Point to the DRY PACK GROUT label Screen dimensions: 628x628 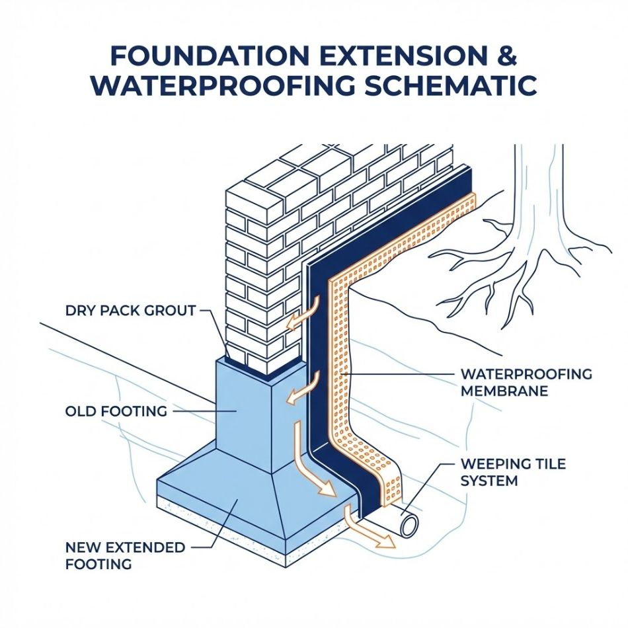click(131, 311)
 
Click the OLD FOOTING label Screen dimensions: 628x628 click(116, 411)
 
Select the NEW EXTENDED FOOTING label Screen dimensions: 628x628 click(125, 555)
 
